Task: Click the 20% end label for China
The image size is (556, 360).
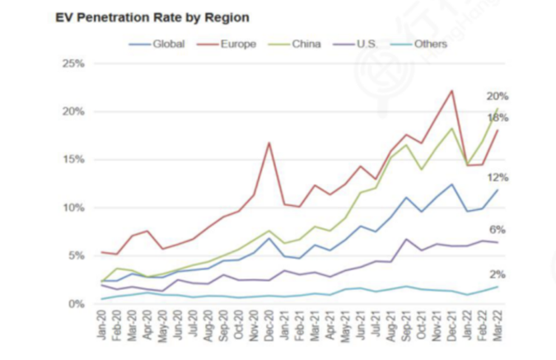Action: pos(498,96)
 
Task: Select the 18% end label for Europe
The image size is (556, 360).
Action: pos(498,118)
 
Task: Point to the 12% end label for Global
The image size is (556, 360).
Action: pos(498,177)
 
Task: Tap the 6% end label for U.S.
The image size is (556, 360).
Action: pos(498,230)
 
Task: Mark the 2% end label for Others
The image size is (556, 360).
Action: pos(498,274)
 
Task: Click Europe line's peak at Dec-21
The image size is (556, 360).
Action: pos(452,91)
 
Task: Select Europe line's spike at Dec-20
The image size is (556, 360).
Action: pos(269,143)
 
